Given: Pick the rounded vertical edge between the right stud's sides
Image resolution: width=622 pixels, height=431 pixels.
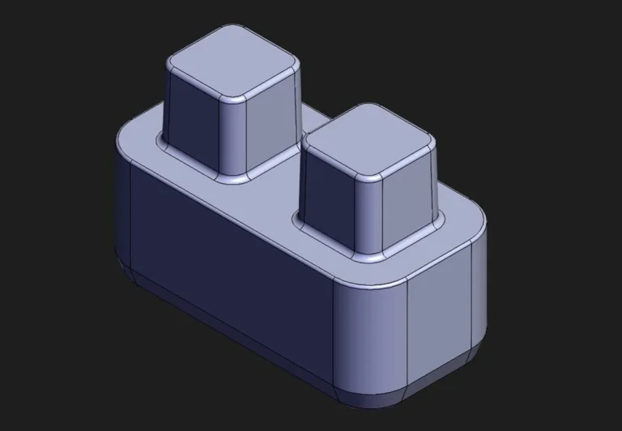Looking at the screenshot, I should pos(369,214).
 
